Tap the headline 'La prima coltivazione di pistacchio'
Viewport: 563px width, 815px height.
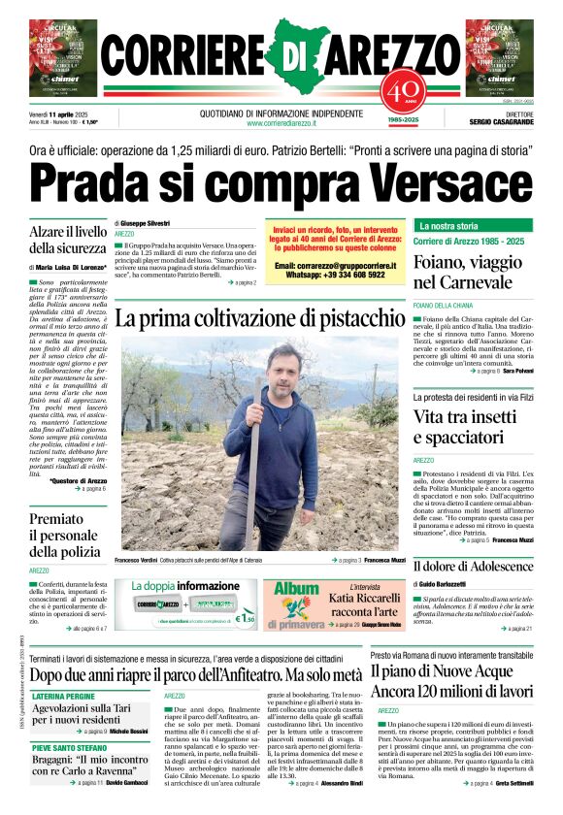[x=259, y=318]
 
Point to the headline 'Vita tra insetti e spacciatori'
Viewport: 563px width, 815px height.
[x=473, y=427]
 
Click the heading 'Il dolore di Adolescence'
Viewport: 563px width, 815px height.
[x=473, y=566]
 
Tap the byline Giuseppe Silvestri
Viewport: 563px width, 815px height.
[x=145, y=223]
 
